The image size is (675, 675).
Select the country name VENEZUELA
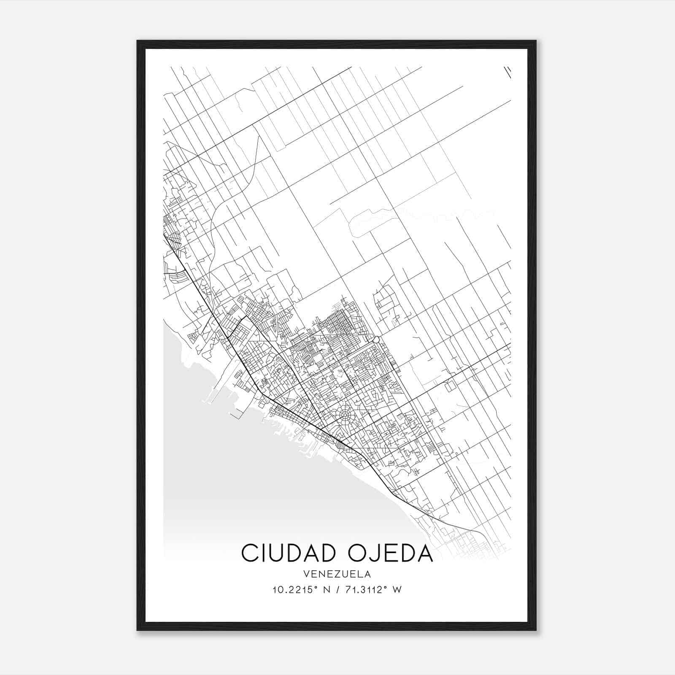tap(337, 574)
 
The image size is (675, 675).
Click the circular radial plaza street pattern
tap(346, 415)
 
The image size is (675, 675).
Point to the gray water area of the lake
tap(253, 485)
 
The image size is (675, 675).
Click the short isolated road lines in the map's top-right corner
tap(508, 72)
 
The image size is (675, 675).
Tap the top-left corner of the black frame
tap(138, 42)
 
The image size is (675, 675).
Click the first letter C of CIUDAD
tap(249, 553)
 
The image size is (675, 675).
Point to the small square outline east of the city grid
tap(450, 385)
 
